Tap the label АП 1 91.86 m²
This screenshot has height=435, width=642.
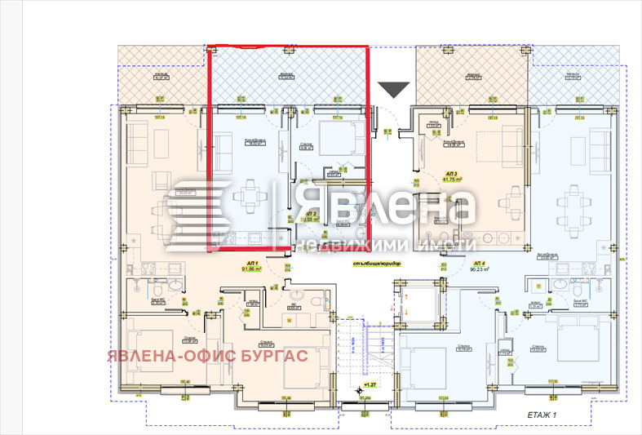(250, 266)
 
